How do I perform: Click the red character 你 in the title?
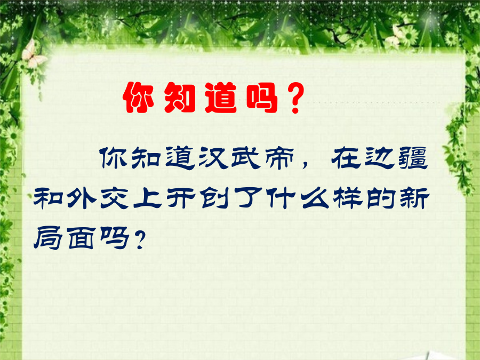coord(138,98)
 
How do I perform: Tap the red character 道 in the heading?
coord(221,98)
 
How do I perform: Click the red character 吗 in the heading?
coord(262,98)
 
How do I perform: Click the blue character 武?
coord(246,158)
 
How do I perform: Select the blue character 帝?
coord(279,158)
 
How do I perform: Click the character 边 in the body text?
coord(379,158)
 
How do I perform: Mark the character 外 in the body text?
coord(81,198)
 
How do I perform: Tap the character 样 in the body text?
coord(348,198)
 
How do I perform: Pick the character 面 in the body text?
coord(81,238)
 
